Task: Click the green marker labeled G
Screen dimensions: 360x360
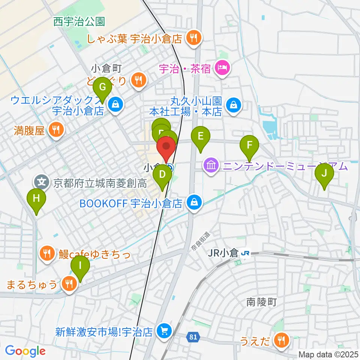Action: pyautogui.click(x=102, y=88)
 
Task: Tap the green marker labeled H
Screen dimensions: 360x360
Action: pyautogui.click(x=36, y=198)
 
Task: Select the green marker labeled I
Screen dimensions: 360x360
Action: pyautogui.click(x=80, y=266)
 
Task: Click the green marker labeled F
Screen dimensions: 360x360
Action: pyautogui.click(x=252, y=144)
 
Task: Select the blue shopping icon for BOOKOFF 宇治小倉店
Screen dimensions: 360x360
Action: pyautogui.click(x=194, y=203)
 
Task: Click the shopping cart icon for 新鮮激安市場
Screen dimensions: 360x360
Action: pyautogui.click(x=164, y=331)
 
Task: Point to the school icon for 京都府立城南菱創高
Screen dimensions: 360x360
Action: pyautogui.click(x=42, y=183)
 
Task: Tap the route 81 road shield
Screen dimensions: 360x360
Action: pyautogui.click(x=193, y=337)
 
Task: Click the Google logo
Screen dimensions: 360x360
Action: pyautogui.click(x=25, y=351)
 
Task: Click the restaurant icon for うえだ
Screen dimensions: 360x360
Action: pyautogui.click(x=281, y=340)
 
